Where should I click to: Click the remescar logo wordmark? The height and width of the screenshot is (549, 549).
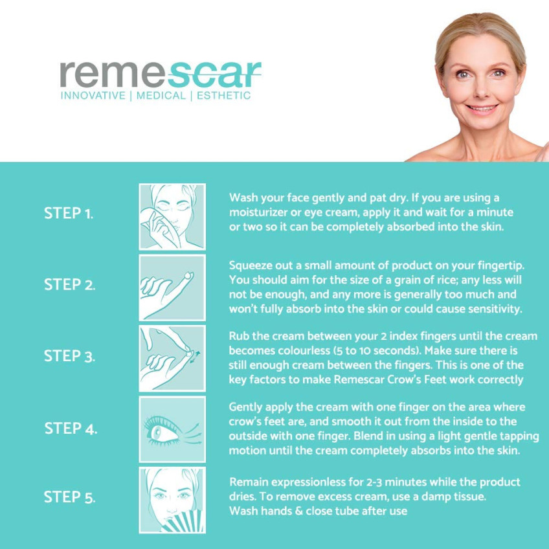coord(161,74)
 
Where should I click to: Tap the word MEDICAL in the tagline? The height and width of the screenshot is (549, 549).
coord(161,96)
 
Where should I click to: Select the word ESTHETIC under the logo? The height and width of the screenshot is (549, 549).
coord(224,96)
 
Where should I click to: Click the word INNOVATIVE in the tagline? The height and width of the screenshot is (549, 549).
coord(93,96)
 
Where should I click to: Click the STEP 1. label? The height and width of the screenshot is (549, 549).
coord(69,213)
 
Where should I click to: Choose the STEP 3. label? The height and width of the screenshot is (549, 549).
coord(69,356)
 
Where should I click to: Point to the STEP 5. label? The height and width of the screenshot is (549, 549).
coord(69,497)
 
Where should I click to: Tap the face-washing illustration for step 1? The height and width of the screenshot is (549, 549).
coord(172,217)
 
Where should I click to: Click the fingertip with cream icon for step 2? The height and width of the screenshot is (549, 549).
coord(172,288)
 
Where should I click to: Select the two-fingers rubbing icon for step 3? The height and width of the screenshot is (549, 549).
coord(172,359)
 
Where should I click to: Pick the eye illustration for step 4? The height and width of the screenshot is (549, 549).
coord(172,429)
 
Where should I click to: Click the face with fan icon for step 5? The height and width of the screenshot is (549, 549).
coord(172,500)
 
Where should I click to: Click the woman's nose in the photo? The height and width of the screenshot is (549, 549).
coord(481,89)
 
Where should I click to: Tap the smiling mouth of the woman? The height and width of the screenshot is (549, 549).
coord(482,108)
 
